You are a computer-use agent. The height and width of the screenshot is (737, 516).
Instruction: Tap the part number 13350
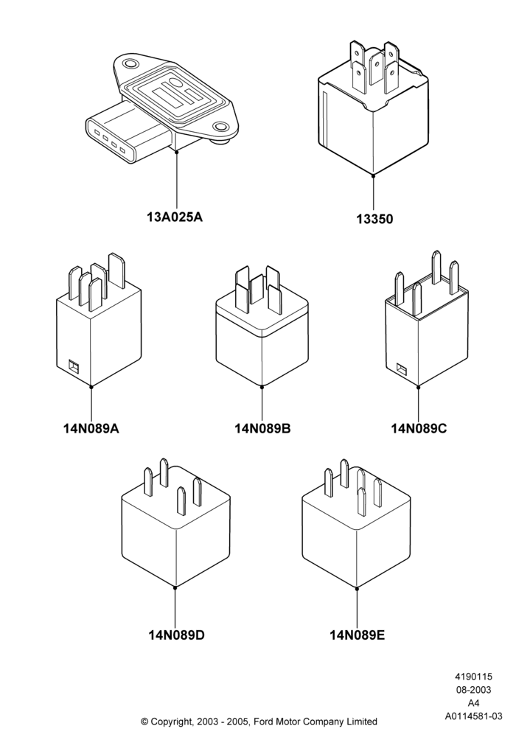[374, 219]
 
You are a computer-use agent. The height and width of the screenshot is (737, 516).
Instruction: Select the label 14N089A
[91, 428]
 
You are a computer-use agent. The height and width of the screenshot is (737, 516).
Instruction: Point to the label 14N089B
[262, 428]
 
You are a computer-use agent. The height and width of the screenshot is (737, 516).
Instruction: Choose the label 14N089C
[419, 428]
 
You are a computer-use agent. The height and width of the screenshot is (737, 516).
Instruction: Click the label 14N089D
[177, 635]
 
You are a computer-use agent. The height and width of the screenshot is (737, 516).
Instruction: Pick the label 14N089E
[358, 635]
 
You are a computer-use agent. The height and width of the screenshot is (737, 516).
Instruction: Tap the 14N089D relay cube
[175, 526]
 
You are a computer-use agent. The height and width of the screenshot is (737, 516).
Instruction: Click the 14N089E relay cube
[356, 526]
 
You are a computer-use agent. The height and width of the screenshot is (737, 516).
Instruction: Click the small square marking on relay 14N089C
[401, 369]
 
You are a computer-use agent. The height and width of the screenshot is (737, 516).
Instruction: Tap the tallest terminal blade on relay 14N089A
[116, 270]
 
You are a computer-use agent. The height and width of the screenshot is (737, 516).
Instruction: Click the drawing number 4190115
[473, 677]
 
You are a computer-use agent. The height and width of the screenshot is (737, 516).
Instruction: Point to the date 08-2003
[473, 690]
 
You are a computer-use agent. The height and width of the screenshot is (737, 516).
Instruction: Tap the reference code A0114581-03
[474, 716]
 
